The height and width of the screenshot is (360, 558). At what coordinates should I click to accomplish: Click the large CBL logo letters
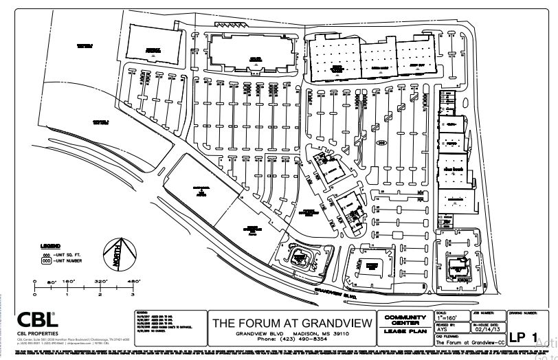(38, 320)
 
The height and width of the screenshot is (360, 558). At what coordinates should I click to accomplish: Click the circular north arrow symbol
(117, 253)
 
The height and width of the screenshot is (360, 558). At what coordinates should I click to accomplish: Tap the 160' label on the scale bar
(67, 282)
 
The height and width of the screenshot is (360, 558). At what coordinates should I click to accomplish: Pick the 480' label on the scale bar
(133, 282)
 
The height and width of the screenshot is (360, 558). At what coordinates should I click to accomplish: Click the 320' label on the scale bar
(100, 282)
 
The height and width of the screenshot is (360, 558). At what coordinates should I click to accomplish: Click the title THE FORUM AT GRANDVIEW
(292, 322)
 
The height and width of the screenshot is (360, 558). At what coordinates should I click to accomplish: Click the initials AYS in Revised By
(443, 330)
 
